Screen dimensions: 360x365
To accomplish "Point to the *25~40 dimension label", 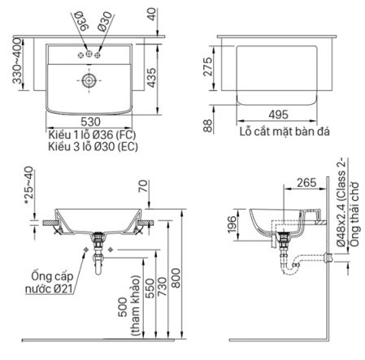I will click(29, 184).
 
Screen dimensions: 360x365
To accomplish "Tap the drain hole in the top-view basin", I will click(89, 81).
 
